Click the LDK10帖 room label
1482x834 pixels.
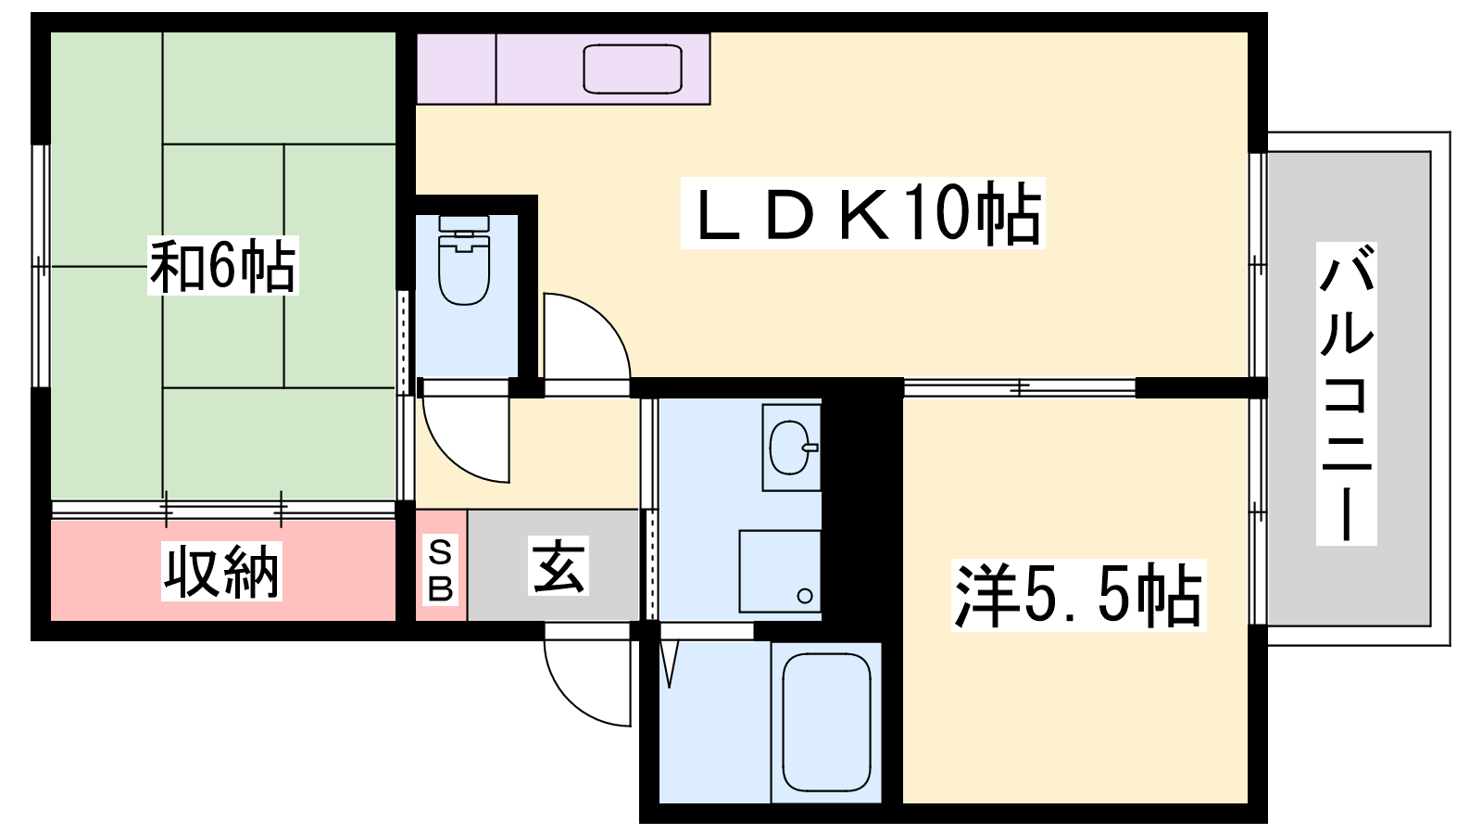pyautogui.click(x=863, y=213)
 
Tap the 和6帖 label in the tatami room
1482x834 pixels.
pyautogui.click(x=223, y=265)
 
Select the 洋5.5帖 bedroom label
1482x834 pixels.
pyautogui.click(x=1078, y=595)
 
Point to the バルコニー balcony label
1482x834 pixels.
pyautogui.click(x=1347, y=394)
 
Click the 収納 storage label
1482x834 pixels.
pyautogui.click(x=221, y=571)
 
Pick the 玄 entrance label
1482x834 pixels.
pyautogui.click(x=559, y=566)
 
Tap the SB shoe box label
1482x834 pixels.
pyautogui.click(x=441, y=571)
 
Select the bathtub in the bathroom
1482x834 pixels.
pyautogui.click(x=826, y=722)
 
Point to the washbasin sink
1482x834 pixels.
pyautogui.click(x=790, y=449)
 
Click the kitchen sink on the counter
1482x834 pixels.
pyautogui.click(x=633, y=69)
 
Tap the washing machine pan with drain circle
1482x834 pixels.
pyautogui.click(x=780, y=571)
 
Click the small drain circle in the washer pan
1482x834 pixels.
pyautogui.click(x=805, y=596)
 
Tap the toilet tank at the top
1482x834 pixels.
pyautogui.click(x=464, y=223)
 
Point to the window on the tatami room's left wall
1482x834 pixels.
pyautogui.click(x=41, y=266)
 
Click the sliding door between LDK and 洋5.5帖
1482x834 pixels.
pyautogui.click(x=1020, y=387)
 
